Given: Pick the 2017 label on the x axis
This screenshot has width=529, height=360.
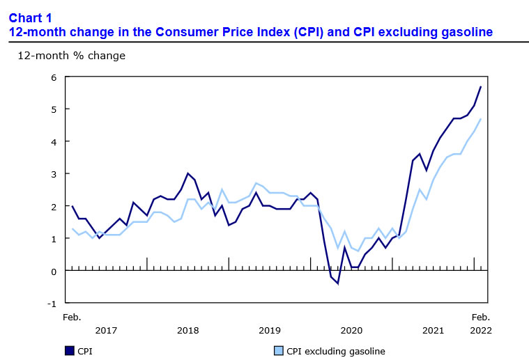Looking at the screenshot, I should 105,330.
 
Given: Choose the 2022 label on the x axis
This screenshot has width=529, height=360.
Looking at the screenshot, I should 481,330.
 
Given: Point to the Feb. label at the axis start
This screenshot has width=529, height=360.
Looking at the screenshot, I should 72,318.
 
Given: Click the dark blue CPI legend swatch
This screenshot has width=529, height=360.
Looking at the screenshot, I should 70,351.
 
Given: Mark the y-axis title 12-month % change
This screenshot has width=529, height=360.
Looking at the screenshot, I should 71,55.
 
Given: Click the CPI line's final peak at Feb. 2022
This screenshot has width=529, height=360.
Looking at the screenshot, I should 481,86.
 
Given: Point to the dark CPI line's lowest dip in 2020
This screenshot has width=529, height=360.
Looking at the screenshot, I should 337,283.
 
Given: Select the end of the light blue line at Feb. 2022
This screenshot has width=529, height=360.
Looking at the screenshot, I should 481,119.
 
